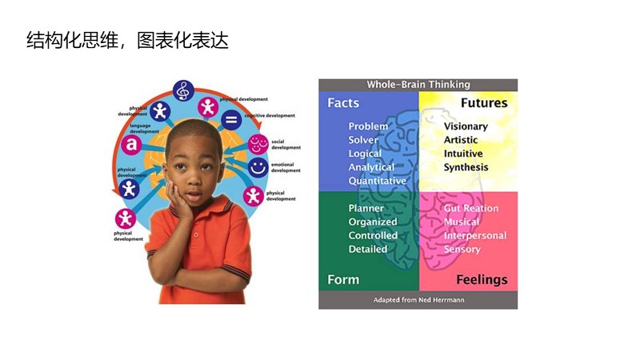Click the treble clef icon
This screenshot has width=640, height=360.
click(184, 90)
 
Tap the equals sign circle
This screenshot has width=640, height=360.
click(230, 122)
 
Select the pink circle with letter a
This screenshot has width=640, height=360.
click(129, 145)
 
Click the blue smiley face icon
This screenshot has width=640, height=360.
click(258, 167)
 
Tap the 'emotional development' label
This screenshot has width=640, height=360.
click(285, 167)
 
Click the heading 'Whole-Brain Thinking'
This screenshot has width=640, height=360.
click(418, 84)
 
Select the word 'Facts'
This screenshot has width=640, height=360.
click(343, 103)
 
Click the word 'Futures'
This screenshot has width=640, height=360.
click(483, 103)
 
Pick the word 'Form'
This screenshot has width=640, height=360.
click(343, 279)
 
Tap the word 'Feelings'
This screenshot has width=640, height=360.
click(482, 279)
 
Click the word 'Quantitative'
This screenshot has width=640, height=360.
click(377, 181)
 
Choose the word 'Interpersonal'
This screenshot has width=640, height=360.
click(475, 235)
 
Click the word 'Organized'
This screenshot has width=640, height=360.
click(373, 222)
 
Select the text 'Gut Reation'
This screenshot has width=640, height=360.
click(471, 208)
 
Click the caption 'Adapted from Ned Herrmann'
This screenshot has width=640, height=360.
click(418, 300)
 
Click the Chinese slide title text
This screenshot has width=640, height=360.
click(127, 41)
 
